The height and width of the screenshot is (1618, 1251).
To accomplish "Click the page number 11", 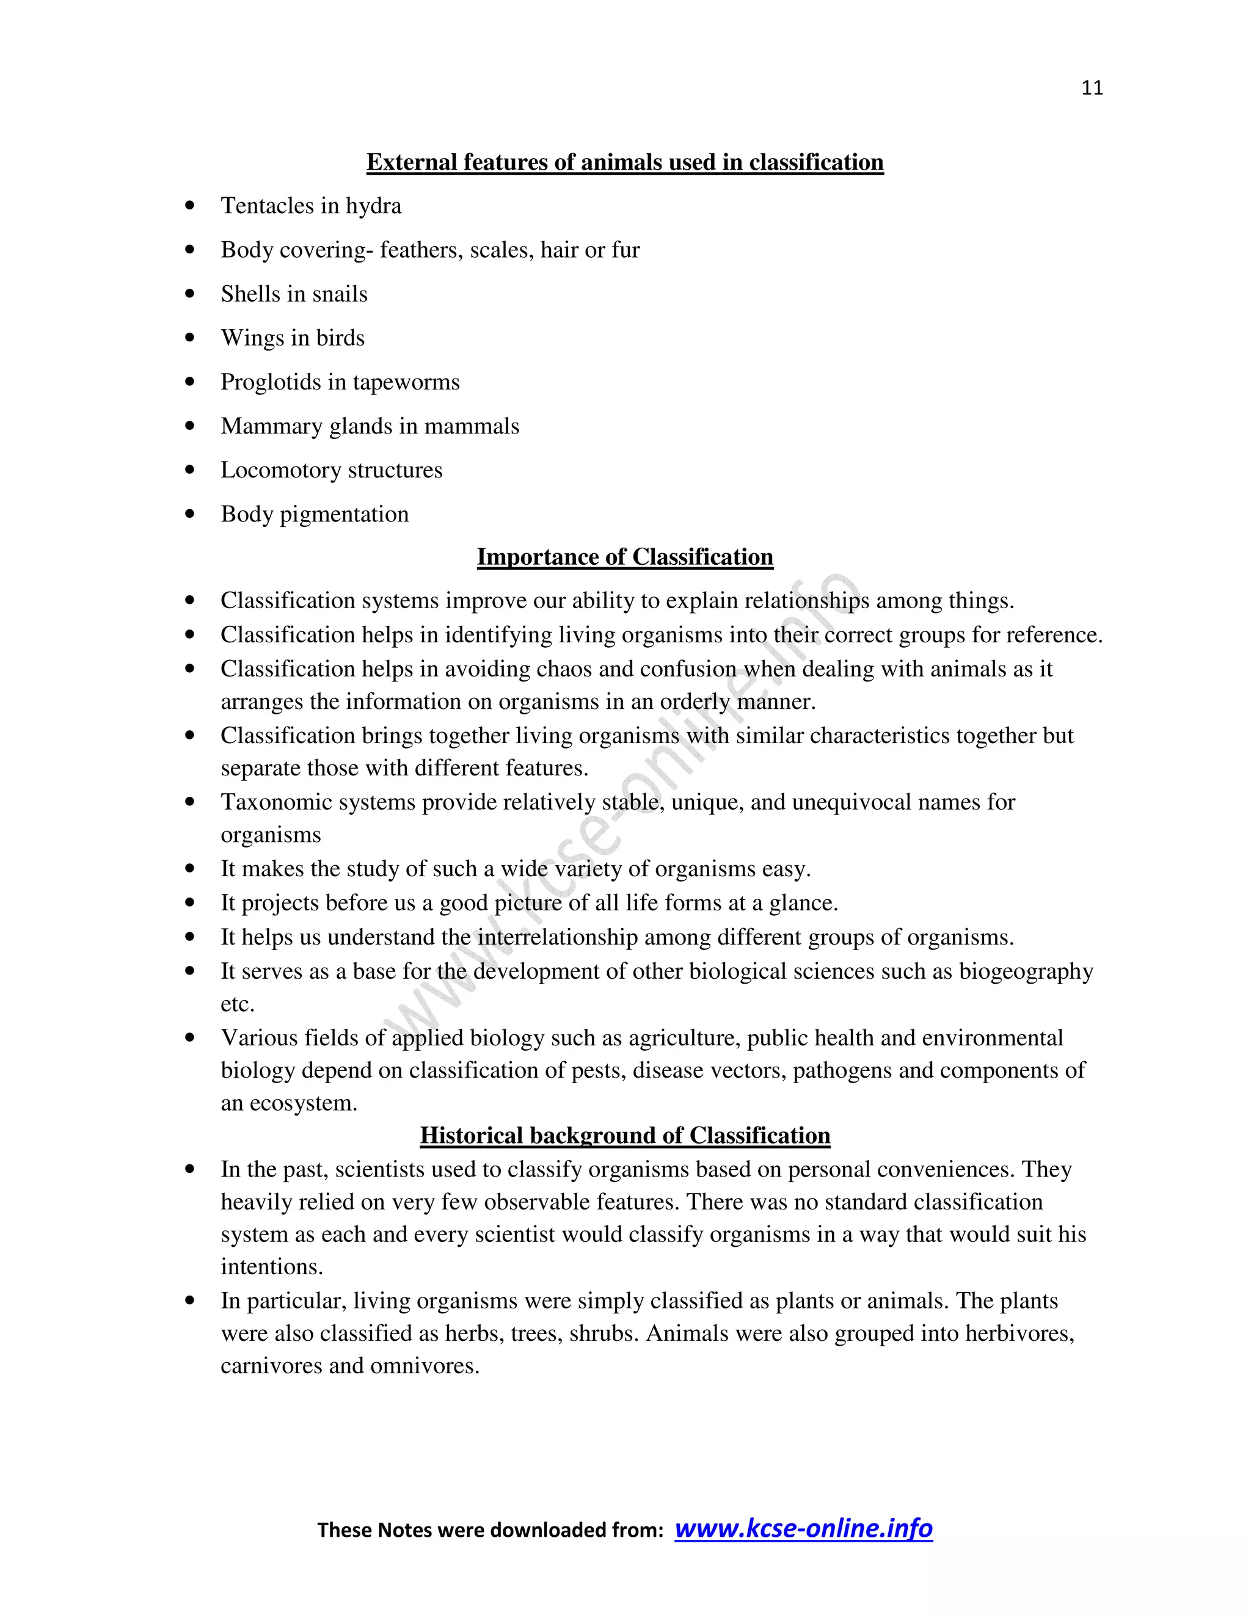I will coord(1092,88).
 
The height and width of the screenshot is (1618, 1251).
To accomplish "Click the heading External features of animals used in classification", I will coord(625,162).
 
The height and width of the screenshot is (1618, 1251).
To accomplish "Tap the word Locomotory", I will coord(281,470).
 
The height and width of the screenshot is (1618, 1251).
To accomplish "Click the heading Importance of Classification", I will coord(625,557).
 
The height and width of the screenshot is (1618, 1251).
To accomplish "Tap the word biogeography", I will coord(1026,971).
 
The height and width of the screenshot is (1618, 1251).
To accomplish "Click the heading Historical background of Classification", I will coord(625,1136).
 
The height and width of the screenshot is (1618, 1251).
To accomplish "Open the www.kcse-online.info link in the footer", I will coord(803,1528).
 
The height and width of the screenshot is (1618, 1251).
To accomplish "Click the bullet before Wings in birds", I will coord(190,338).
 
